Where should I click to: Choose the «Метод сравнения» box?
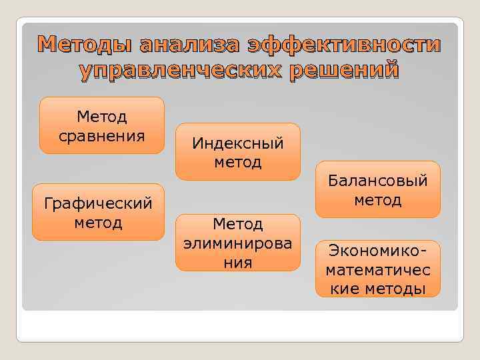click(102, 126)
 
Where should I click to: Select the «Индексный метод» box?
click(238, 152)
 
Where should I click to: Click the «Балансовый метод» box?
click(378, 190)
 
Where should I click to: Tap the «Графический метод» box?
click(102, 212)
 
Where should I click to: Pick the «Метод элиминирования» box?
click(238, 243)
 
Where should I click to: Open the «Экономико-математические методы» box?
click(378, 269)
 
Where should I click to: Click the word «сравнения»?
click(102, 136)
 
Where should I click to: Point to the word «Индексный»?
click(238, 143)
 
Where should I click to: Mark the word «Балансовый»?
click(378, 181)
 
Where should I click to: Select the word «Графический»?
click(102, 203)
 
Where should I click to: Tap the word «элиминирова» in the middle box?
click(238, 243)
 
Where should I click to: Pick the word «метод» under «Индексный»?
click(238, 162)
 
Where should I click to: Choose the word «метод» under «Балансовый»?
click(378, 200)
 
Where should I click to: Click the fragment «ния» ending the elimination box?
click(238, 262)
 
